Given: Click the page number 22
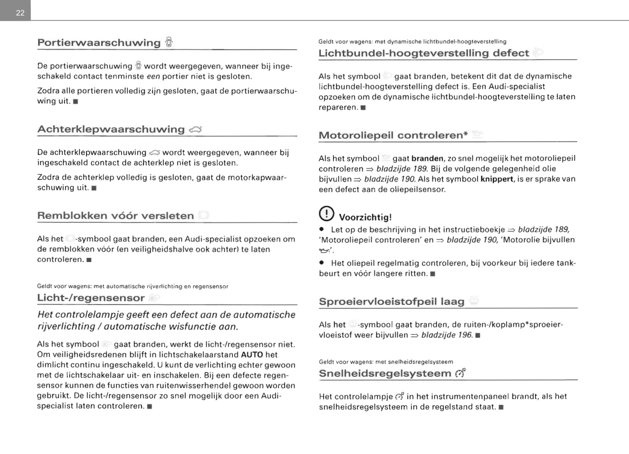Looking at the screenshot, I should [x=20, y=13].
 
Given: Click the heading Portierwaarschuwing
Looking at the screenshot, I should [x=99, y=43].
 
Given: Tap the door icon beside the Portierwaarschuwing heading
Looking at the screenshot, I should [x=169, y=42].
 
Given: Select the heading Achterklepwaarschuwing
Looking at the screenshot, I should [x=111, y=129].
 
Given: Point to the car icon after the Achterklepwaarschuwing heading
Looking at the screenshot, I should [x=195, y=129].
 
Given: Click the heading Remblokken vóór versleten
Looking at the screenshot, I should [x=115, y=215].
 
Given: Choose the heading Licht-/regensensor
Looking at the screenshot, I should [x=91, y=298].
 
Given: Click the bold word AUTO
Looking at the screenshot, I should [x=252, y=355].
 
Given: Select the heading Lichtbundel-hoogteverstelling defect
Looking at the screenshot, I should [x=424, y=53].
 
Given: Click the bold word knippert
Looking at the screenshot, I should [x=497, y=179].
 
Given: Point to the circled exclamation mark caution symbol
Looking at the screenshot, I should [x=326, y=214].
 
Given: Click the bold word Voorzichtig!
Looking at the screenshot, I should [x=365, y=217].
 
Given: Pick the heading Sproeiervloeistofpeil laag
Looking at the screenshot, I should [x=391, y=301].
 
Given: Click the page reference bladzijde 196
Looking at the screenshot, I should [x=447, y=335].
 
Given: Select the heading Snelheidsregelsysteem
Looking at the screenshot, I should [x=385, y=373].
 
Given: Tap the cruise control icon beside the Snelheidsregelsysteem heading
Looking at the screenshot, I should [x=460, y=373].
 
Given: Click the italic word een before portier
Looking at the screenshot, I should [x=153, y=77].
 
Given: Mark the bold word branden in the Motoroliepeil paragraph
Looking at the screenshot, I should [x=427, y=158].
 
